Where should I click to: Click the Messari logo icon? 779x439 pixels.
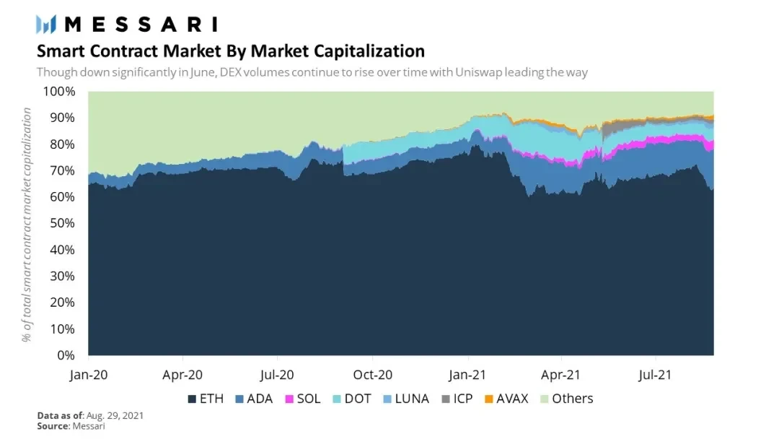tap(46, 24)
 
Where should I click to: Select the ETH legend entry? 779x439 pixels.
tap(205, 399)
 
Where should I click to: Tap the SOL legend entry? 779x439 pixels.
tap(303, 399)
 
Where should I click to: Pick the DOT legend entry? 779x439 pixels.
tap(353, 399)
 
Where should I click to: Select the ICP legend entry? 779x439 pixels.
tap(459, 399)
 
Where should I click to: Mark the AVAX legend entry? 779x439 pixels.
tap(506, 399)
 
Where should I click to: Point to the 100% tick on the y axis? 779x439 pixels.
tap(59, 92)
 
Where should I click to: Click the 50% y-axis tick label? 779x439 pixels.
tap(62, 224)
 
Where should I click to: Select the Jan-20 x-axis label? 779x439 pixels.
tap(89, 375)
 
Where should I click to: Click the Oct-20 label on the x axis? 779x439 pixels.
tap(372, 375)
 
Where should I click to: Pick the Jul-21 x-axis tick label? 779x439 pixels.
tap(656, 375)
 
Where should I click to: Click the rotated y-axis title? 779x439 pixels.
tap(27, 224)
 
